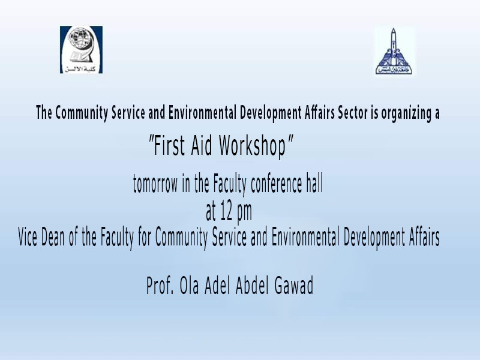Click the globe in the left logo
click(79, 39)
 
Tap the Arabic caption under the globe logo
click(80, 68)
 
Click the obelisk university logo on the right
click(394, 51)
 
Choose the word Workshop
click(253, 146)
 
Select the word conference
click(277, 184)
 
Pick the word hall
click(314, 184)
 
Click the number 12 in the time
click(227, 212)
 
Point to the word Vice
click(28, 237)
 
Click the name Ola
click(189, 286)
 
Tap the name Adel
click(217, 286)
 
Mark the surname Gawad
click(294, 286)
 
